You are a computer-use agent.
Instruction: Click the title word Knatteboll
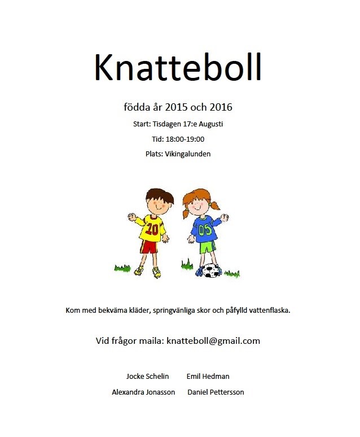click(178, 68)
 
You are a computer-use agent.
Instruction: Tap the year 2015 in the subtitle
click(177, 107)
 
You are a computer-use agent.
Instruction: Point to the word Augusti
click(216, 124)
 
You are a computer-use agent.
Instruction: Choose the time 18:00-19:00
click(185, 139)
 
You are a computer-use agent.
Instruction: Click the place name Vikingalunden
click(188, 154)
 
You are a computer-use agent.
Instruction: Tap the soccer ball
click(212, 270)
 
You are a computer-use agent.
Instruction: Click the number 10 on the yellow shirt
click(152, 229)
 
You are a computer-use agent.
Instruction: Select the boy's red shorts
click(149, 247)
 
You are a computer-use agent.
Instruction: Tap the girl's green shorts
click(208, 247)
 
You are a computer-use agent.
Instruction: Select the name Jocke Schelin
click(147, 377)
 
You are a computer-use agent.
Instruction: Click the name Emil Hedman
click(208, 377)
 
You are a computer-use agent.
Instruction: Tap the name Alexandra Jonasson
click(143, 392)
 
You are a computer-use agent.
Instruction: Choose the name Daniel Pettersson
click(216, 392)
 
